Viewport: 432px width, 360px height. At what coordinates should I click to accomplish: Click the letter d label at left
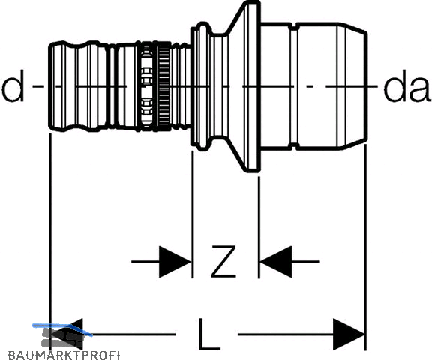[13, 85]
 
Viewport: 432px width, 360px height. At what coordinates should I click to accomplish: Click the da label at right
[407, 85]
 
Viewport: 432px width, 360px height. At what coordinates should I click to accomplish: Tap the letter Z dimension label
[223, 261]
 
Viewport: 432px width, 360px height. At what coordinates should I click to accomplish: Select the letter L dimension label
[208, 334]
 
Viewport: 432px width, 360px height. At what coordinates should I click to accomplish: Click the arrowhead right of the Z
[275, 262]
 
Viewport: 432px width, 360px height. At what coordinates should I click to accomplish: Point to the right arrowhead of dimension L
[349, 334]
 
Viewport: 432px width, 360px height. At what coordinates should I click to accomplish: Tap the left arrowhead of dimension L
[67, 334]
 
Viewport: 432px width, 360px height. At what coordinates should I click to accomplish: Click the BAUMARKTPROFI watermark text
[64, 355]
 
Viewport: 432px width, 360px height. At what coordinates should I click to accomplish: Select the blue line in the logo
[62, 329]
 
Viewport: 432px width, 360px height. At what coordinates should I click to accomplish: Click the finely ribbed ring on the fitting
[163, 86]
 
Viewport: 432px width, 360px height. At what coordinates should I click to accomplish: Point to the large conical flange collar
[245, 86]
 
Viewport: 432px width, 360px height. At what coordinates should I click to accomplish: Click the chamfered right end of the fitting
[352, 86]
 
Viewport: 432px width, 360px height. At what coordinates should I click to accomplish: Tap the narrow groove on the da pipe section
[294, 86]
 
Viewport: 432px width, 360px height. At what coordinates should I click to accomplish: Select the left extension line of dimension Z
[193, 214]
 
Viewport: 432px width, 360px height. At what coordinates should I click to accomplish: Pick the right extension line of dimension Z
[259, 227]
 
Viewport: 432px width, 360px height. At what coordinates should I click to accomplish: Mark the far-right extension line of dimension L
[365, 247]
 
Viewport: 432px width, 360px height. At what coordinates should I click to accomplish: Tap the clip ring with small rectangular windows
[146, 86]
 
